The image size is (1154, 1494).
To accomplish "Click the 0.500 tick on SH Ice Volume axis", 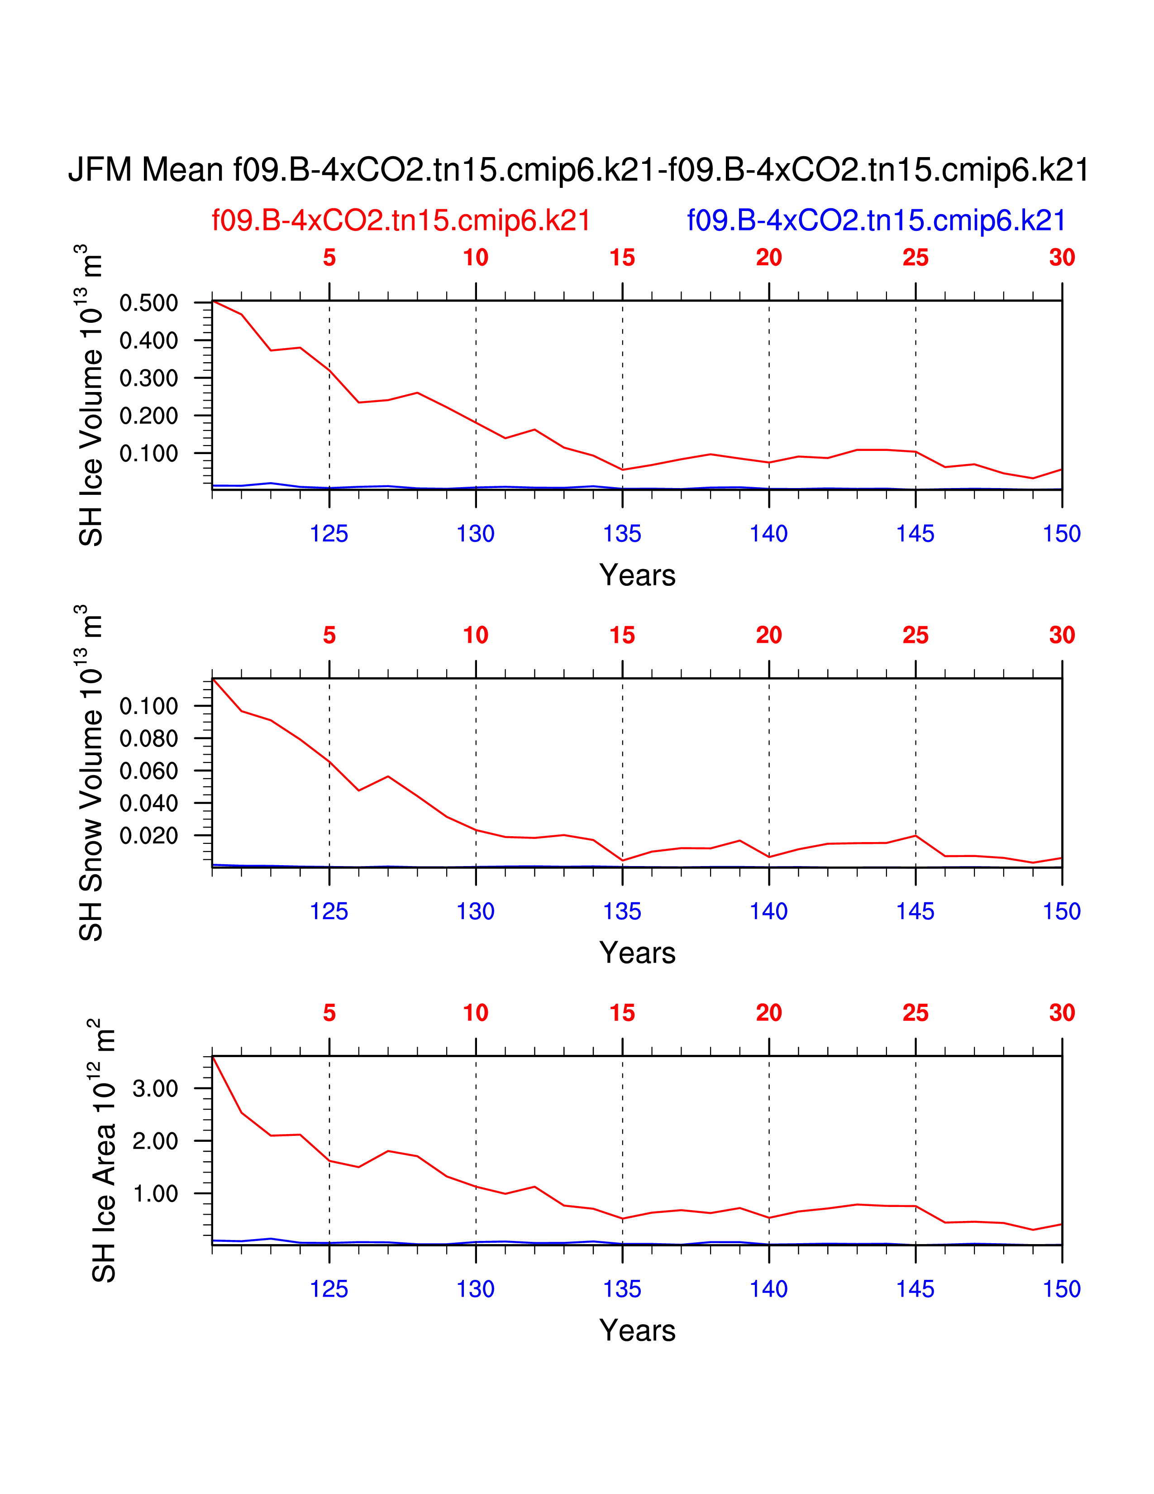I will [148, 302].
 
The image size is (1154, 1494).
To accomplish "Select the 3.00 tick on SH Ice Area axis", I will [155, 1088].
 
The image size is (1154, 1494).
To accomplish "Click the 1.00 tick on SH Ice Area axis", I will [155, 1194].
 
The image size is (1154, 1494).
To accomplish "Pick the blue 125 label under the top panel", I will [329, 534].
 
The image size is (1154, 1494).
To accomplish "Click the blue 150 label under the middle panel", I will [1061, 911].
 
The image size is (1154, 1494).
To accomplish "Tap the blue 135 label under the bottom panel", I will [622, 1289].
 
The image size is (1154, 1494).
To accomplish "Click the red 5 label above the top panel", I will [329, 258].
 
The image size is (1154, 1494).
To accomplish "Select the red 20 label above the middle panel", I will [768, 636].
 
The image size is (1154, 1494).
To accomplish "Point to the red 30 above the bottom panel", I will [1062, 1013].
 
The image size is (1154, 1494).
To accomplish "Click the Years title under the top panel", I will [637, 575].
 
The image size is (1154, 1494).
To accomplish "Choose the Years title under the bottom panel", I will [637, 1331].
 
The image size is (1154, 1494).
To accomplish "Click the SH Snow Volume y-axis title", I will [91, 772].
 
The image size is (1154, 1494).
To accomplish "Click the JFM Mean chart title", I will [578, 170].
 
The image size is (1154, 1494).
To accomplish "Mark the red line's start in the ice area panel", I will [213, 1056].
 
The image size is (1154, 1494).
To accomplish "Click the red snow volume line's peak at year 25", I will [916, 835].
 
